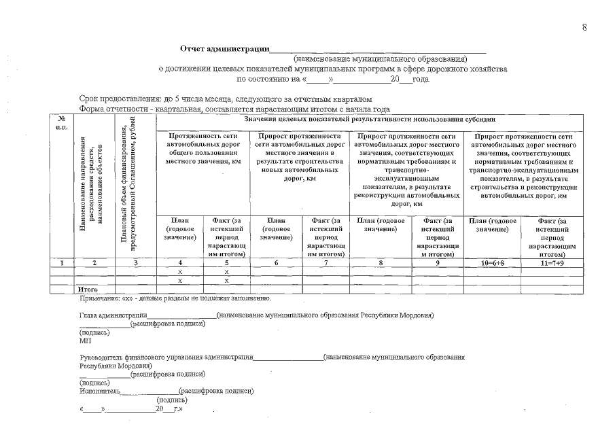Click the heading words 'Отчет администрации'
[224, 49]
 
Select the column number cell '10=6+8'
[493, 262]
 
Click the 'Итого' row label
[88, 290]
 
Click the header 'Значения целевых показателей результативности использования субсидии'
[370, 119]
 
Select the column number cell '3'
[135, 262]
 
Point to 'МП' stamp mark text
[85, 341]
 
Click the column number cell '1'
[62, 262]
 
